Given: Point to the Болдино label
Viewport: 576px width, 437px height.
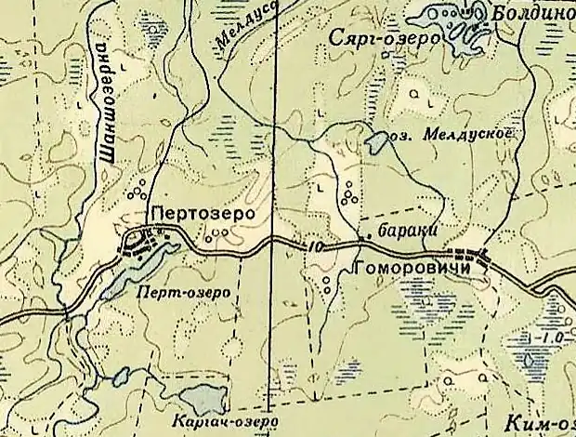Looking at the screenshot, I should click(533, 16).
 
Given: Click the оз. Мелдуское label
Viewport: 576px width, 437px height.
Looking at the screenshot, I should click(452, 133).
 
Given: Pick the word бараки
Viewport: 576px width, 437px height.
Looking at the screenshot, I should click(406, 230).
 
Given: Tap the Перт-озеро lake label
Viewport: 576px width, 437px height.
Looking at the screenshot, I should click(182, 291).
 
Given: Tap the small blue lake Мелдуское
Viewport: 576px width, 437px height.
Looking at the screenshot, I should click(377, 142).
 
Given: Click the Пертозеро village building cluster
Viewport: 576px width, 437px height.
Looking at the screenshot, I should click(149, 245).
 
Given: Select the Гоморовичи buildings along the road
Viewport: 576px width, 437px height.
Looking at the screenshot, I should click(469, 254).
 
